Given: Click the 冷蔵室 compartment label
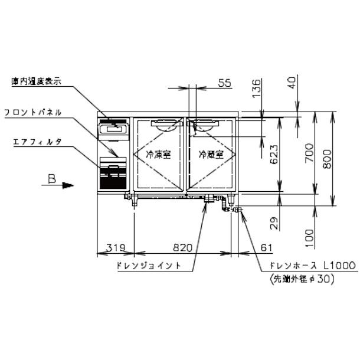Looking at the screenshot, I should tap(211, 155).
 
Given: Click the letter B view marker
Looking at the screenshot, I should tap(52, 181).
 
